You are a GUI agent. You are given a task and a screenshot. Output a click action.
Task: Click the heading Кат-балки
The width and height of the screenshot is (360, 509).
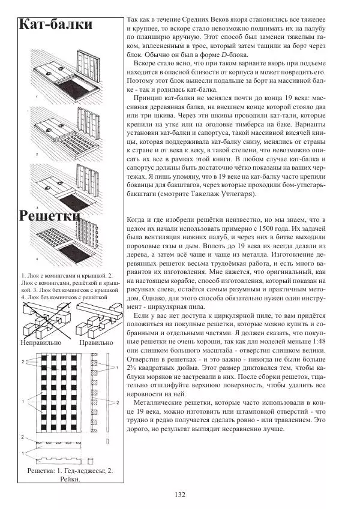(x=56, y=25)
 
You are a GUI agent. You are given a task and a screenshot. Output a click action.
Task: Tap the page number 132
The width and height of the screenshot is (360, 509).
(x=179, y=495)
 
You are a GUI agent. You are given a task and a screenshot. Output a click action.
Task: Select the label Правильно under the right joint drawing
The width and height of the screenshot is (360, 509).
(x=95, y=342)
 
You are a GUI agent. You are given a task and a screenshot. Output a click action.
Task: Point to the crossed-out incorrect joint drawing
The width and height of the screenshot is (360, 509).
(x=45, y=317)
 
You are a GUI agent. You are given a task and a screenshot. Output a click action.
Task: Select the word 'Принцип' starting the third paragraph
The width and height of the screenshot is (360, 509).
(x=149, y=97)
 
